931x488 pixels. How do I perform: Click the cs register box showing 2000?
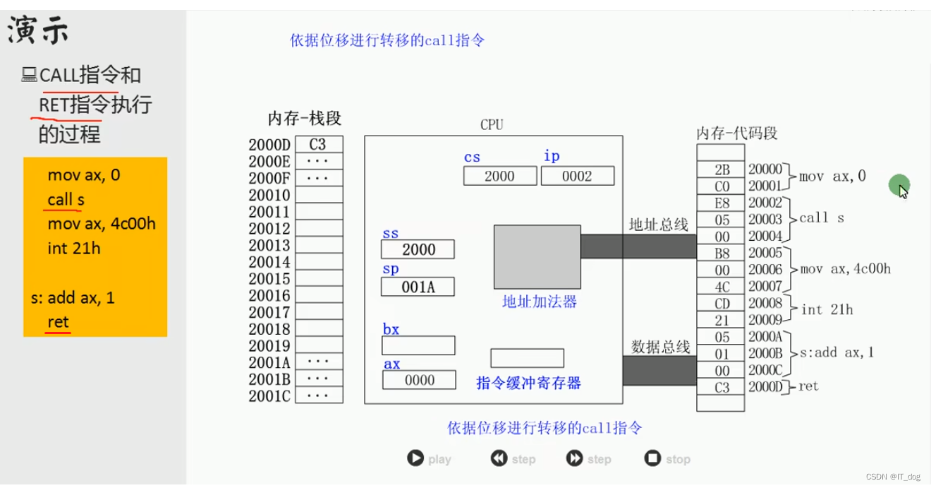tap(499, 176)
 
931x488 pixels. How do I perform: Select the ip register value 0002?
tap(577, 176)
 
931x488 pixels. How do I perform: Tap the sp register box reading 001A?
tap(418, 287)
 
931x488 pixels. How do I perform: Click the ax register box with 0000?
tap(419, 380)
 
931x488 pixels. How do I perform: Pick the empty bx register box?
tap(418, 345)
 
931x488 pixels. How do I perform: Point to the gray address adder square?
tap(537, 256)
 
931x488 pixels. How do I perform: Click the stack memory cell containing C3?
tap(318, 145)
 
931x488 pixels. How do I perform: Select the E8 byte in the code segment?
tap(721, 203)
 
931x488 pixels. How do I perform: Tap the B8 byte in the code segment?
tap(721, 254)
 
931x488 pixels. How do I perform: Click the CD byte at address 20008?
tap(721, 304)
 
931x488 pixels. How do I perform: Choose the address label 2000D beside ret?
tap(765, 386)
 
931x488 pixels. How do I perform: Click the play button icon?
tap(415, 458)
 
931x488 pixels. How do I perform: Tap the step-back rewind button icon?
tap(499, 458)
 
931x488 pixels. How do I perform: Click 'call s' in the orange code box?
tap(66, 200)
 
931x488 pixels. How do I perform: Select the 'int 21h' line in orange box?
tap(73, 248)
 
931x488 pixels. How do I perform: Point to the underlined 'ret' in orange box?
tap(58, 322)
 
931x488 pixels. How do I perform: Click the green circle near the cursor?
tap(898, 185)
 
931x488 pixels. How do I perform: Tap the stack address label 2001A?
tap(269, 362)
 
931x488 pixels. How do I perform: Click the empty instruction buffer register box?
tap(527, 358)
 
